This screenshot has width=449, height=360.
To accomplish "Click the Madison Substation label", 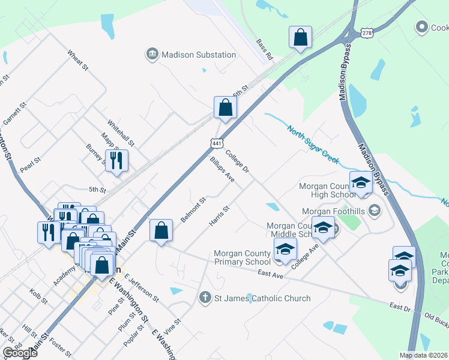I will tap(199, 55).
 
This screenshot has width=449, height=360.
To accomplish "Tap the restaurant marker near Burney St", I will tap(116, 160).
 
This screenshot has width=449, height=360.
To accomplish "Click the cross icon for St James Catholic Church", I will tap(205, 298).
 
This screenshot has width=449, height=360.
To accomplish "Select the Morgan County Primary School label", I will tap(243, 257).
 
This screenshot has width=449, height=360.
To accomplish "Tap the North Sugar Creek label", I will tap(313, 143).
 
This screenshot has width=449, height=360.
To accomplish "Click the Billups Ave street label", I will tap(221, 169).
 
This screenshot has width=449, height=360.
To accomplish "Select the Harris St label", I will tap(219, 217).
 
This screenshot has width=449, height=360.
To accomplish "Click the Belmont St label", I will tap(193, 209).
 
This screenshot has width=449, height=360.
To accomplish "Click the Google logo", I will tap(20, 353).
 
